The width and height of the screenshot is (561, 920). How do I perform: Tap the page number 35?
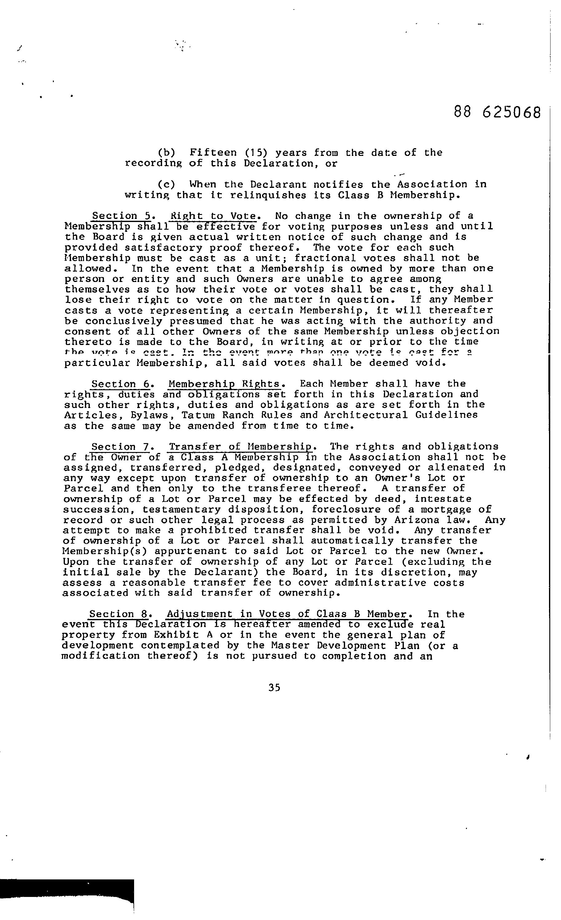[x=274, y=688]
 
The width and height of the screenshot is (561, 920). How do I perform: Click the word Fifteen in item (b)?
[x=213, y=153]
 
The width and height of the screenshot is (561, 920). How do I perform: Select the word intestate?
[x=443, y=499]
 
